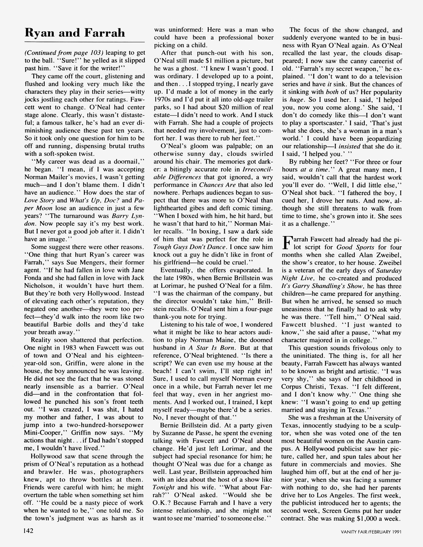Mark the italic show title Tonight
164,487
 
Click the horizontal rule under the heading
85,42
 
